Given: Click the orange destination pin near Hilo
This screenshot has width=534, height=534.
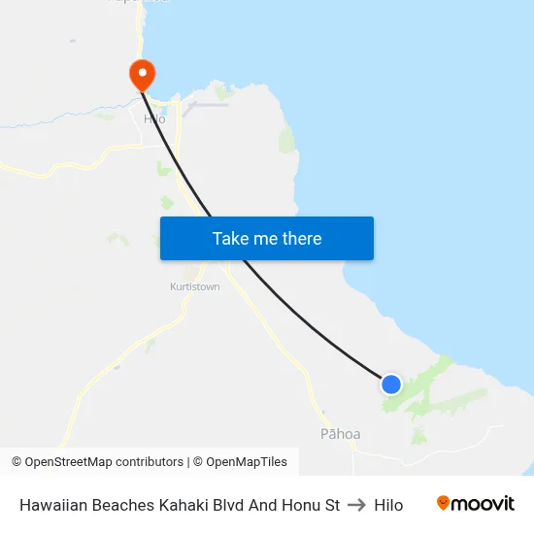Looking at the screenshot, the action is [x=142, y=73].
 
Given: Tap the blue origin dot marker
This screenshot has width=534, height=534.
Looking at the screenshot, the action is [x=391, y=384].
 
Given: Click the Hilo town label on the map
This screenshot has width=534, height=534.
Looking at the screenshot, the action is [x=154, y=118].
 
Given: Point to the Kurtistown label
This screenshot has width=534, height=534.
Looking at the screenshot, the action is [x=195, y=286].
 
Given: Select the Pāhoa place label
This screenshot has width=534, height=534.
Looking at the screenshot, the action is [x=340, y=434].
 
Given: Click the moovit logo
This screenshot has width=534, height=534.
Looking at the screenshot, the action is [x=476, y=503].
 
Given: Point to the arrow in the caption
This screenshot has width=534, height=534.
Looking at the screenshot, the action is [x=356, y=505].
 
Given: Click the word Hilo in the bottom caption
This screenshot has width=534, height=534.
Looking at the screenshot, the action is [x=388, y=505].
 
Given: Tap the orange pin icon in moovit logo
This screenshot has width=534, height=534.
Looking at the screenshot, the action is [x=444, y=503].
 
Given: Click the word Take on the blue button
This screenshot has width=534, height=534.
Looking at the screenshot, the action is [x=231, y=238].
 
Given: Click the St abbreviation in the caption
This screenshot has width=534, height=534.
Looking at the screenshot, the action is [x=332, y=505].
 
